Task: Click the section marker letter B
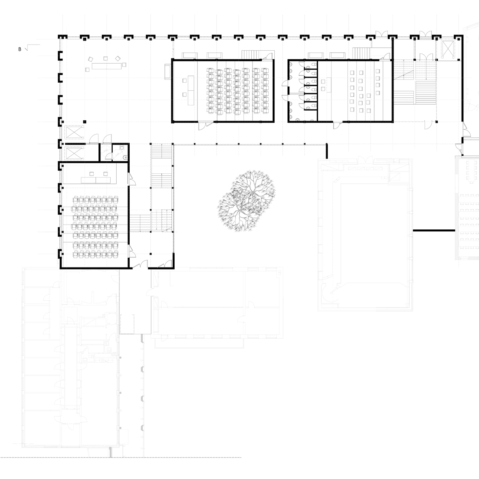tap(20, 49)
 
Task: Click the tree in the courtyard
tap(247, 201)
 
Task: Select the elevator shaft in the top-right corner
tap(447, 49)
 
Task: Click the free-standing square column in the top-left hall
tap(85, 122)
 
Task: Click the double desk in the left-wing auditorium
tap(96, 180)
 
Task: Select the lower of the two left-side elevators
tap(73, 154)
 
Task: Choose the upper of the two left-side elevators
tap(74, 132)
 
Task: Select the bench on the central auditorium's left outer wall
tap(168, 71)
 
